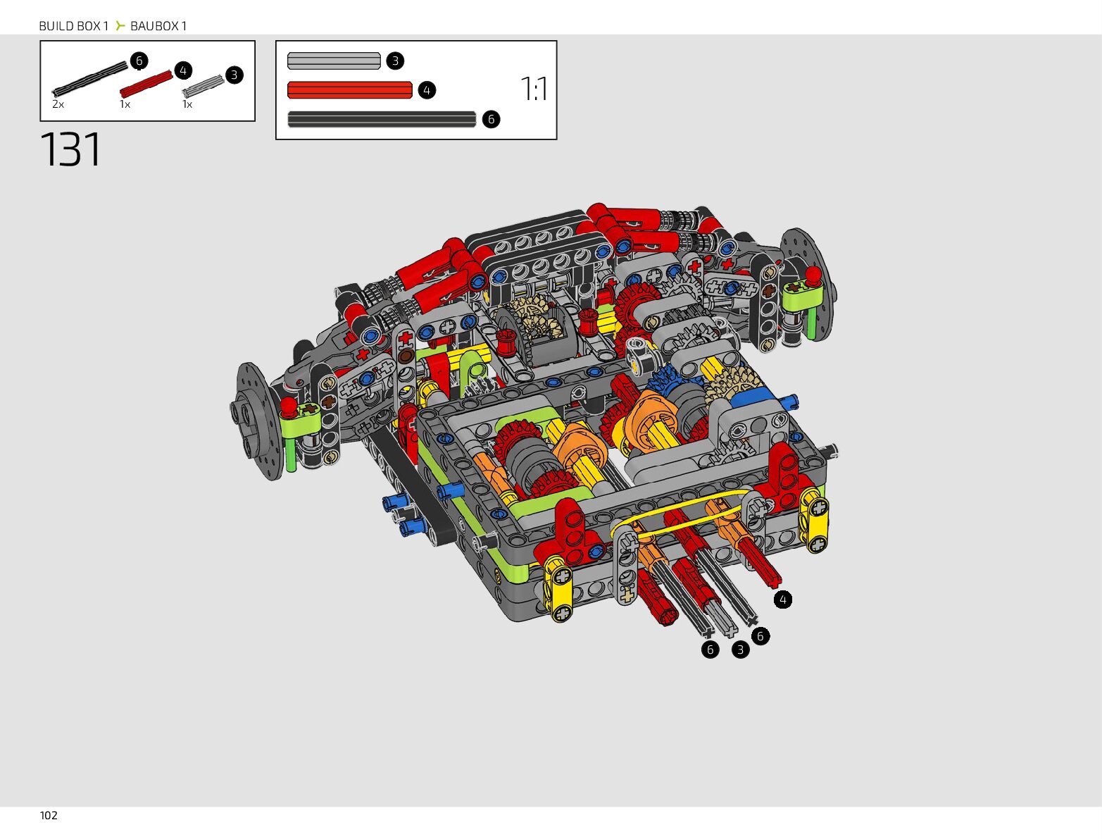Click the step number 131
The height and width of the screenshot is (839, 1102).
click(x=70, y=149)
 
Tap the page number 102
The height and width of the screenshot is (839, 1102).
click(x=49, y=816)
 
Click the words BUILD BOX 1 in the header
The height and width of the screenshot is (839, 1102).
click(x=74, y=26)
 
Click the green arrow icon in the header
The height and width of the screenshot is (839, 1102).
click(x=120, y=25)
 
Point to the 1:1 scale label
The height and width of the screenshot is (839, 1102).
click(x=534, y=89)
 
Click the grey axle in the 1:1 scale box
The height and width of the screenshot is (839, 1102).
click(x=334, y=61)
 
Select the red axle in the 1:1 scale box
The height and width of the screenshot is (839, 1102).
click(x=349, y=90)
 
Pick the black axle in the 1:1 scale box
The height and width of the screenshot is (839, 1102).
click(x=382, y=119)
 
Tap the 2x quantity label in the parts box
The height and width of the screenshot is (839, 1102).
click(x=58, y=104)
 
